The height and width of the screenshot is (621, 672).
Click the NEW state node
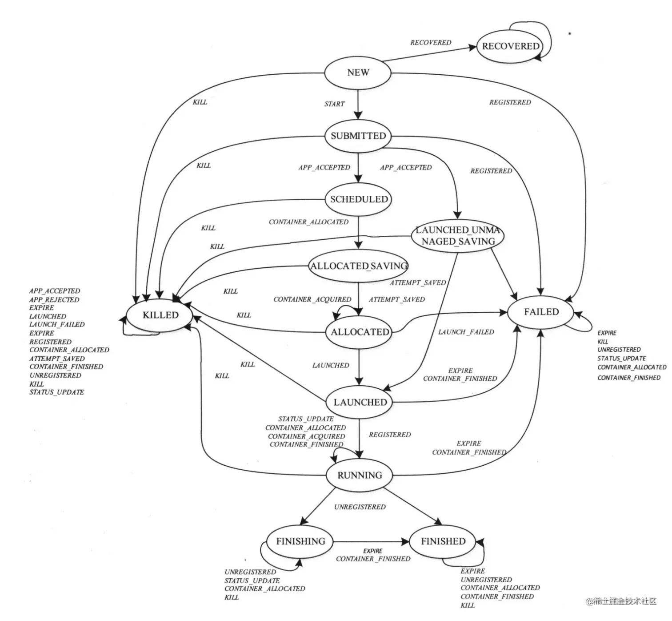coord(358,73)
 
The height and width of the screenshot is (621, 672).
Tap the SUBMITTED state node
coord(358,136)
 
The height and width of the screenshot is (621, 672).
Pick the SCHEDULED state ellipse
coord(359,199)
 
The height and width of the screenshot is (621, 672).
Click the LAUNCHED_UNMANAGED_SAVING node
coord(458,236)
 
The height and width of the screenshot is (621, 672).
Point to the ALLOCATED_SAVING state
coord(359,266)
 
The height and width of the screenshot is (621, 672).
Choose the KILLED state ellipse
coord(160,315)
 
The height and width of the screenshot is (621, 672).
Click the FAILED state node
coord(541,312)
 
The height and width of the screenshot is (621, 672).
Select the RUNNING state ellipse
coord(359,475)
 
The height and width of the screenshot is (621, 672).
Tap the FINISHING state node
coord(300,541)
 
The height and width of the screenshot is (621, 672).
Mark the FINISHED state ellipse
coord(443,541)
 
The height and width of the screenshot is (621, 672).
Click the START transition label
coord(334,104)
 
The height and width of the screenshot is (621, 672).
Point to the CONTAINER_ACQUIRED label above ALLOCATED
coord(312,299)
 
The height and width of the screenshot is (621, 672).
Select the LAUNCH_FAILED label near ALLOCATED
coord(466,332)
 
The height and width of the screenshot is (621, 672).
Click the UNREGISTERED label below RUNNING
coord(360,507)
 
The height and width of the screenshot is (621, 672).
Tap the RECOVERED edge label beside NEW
coord(430,43)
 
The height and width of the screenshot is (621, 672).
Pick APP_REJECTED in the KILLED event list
coord(54,299)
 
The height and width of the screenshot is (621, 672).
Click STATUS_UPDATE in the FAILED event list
coord(621,358)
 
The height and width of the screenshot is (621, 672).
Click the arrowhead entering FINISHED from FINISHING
coord(405,541)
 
